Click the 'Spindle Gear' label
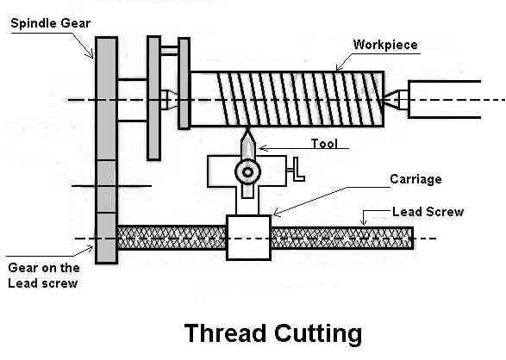pos(50,23)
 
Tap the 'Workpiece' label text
pos(385,45)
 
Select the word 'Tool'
pos(324,144)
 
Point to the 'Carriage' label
pos(415,179)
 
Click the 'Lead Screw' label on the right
pos(428,212)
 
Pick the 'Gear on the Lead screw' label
pos(44,276)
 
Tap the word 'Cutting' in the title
pos(318,334)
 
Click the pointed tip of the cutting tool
pos(247,129)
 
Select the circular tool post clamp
pos(247,172)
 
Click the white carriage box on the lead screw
pos(248,238)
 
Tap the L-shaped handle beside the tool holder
pos(296,170)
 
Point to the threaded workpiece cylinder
pos(287,99)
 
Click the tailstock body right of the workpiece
pos(444,100)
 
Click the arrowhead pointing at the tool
pos(262,148)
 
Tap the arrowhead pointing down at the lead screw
pos(364,221)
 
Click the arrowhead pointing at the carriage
pos(276,213)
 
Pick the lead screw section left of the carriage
pos(172,238)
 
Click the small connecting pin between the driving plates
pos(170,51)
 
